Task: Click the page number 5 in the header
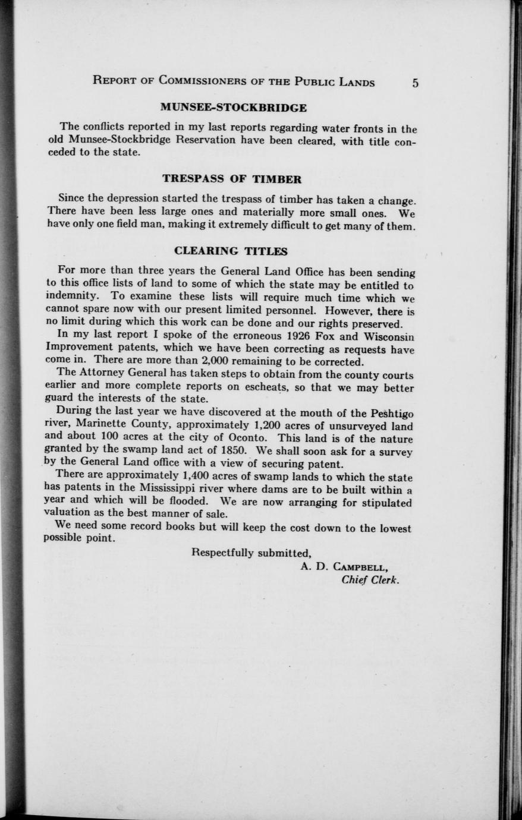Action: (x=415, y=83)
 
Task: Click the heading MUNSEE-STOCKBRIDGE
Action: (x=234, y=108)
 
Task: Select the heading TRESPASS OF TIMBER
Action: (x=232, y=179)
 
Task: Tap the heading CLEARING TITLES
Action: (x=231, y=251)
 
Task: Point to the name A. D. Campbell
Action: (x=344, y=567)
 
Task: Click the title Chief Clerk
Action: (x=370, y=581)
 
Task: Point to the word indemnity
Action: (x=69, y=295)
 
